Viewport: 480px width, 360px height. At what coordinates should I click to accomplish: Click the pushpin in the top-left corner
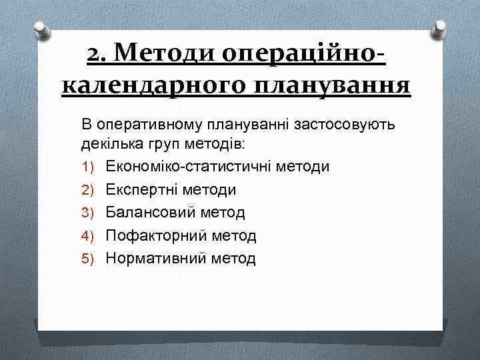[x=41, y=30]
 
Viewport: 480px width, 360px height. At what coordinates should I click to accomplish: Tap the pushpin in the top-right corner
[x=439, y=29]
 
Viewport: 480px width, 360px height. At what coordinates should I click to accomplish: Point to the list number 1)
[x=90, y=166]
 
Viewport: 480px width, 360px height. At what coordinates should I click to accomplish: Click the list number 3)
[x=90, y=213]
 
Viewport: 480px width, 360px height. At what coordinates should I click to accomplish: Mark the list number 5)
[x=90, y=259]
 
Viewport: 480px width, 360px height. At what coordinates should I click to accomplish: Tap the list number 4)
[x=90, y=236]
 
